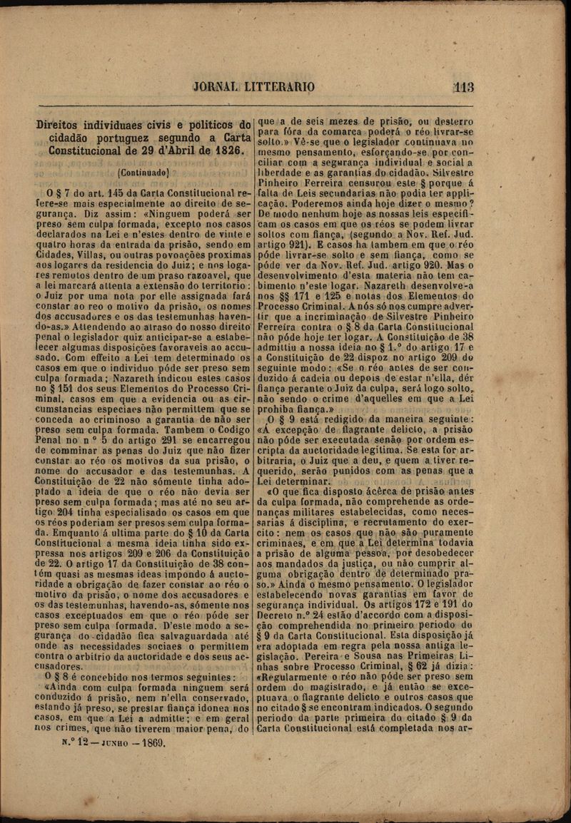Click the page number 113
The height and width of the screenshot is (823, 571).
pyautogui.click(x=463, y=88)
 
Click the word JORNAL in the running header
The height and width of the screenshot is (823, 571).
pyautogui.click(x=216, y=88)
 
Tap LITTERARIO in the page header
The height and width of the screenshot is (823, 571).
pyautogui.click(x=280, y=88)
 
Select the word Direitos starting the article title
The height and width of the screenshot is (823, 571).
pyautogui.click(x=61, y=124)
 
